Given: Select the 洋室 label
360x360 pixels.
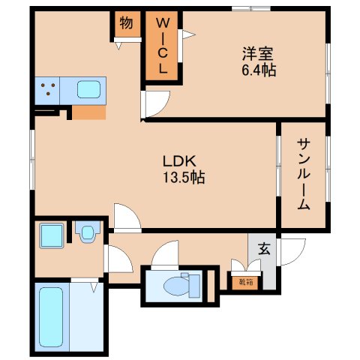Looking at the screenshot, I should click(256, 54).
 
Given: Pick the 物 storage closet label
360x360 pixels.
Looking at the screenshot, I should click(126, 23).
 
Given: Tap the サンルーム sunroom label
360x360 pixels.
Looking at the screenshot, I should click(303, 174).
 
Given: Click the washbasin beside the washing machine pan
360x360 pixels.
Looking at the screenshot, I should click(88, 233).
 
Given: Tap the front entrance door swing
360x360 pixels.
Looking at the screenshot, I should click(292, 251).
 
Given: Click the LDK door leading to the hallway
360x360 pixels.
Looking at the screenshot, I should click(126, 217).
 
